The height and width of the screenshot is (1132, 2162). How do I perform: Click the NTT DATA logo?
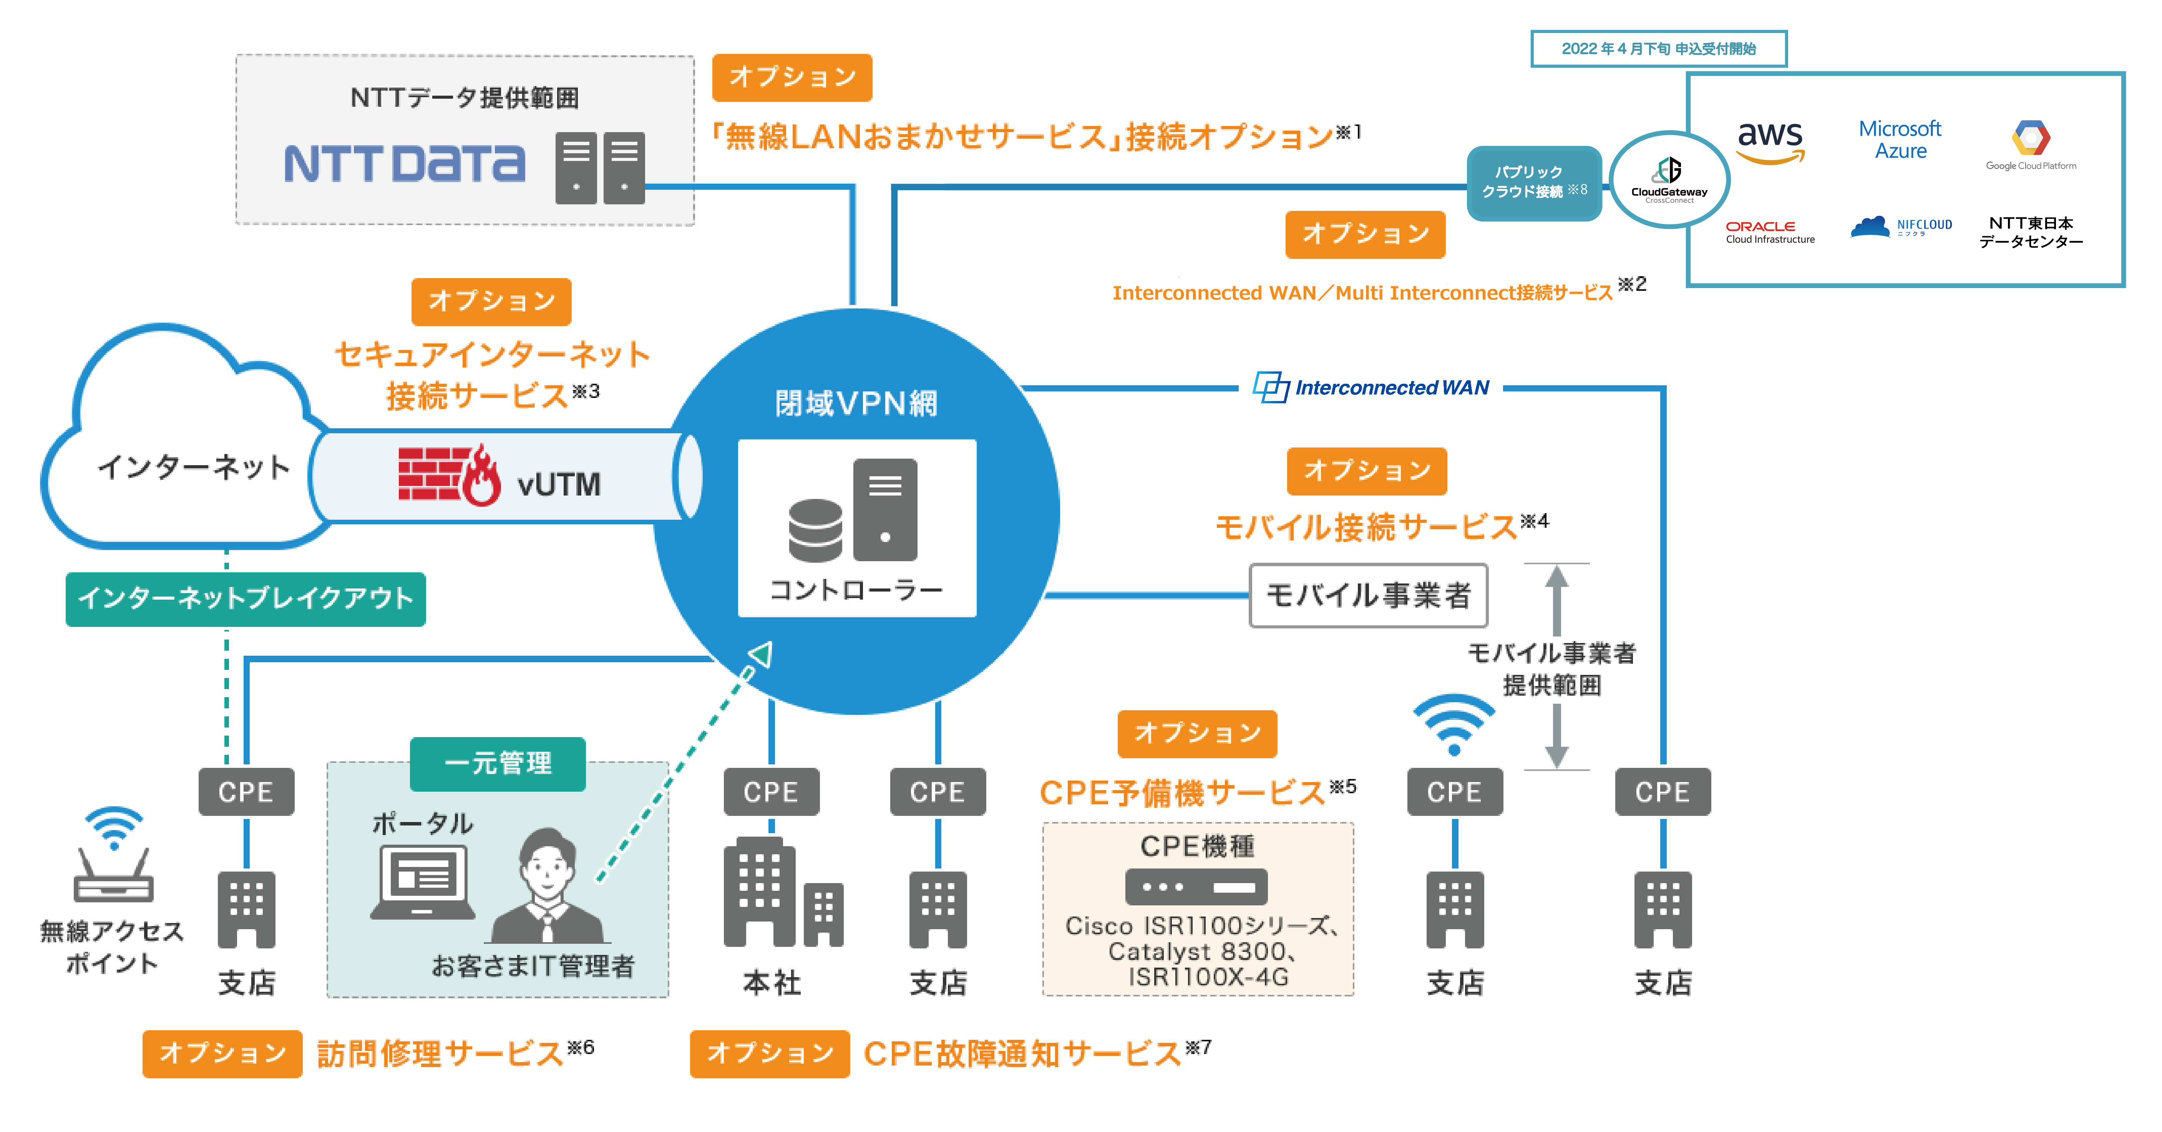pos(405,164)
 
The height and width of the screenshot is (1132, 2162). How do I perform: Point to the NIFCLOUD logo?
pos(1901,227)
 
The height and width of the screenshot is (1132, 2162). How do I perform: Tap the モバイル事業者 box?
pos(1368,595)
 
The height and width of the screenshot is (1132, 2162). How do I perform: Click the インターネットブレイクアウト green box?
pos(246,598)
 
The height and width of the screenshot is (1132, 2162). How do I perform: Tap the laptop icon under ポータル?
pos(422,881)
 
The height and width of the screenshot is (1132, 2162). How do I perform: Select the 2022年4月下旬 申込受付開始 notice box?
pos(1658,49)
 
